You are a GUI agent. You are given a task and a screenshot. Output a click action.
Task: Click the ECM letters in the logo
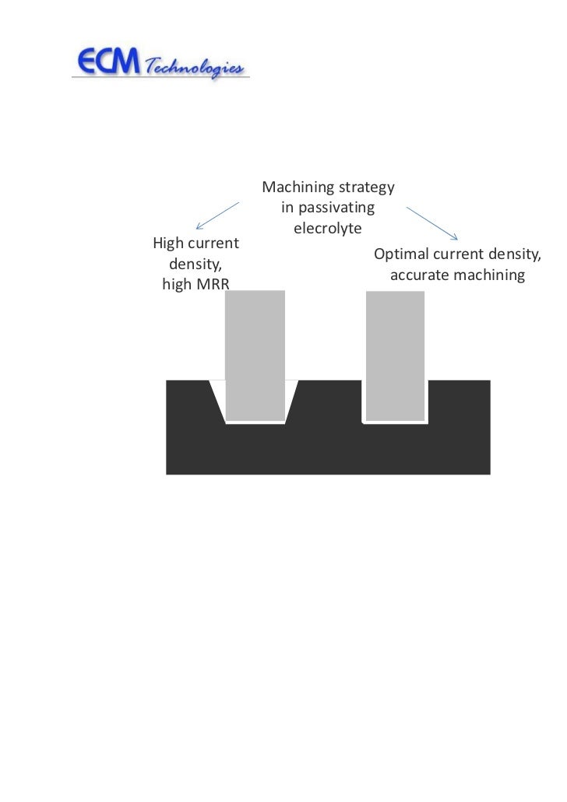(107, 61)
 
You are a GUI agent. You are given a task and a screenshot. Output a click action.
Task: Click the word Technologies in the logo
(195, 65)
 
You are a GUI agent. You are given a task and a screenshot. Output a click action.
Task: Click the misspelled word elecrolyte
(327, 229)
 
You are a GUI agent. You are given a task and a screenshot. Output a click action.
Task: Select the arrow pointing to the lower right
(433, 222)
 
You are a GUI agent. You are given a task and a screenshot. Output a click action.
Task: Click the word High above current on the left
(167, 243)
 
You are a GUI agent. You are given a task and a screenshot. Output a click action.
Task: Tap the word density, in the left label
(195, 264)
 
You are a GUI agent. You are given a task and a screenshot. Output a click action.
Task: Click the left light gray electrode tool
(255, 354)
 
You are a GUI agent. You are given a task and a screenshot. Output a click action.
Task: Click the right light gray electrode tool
(395, 354)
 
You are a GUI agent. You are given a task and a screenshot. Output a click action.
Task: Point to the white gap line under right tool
(395, 422)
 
